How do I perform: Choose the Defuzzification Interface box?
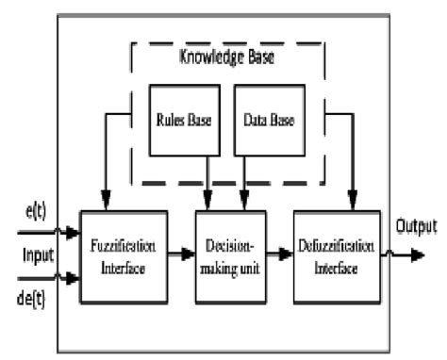338,255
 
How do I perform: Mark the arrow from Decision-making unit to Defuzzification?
280,254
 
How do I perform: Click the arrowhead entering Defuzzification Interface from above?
354,203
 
